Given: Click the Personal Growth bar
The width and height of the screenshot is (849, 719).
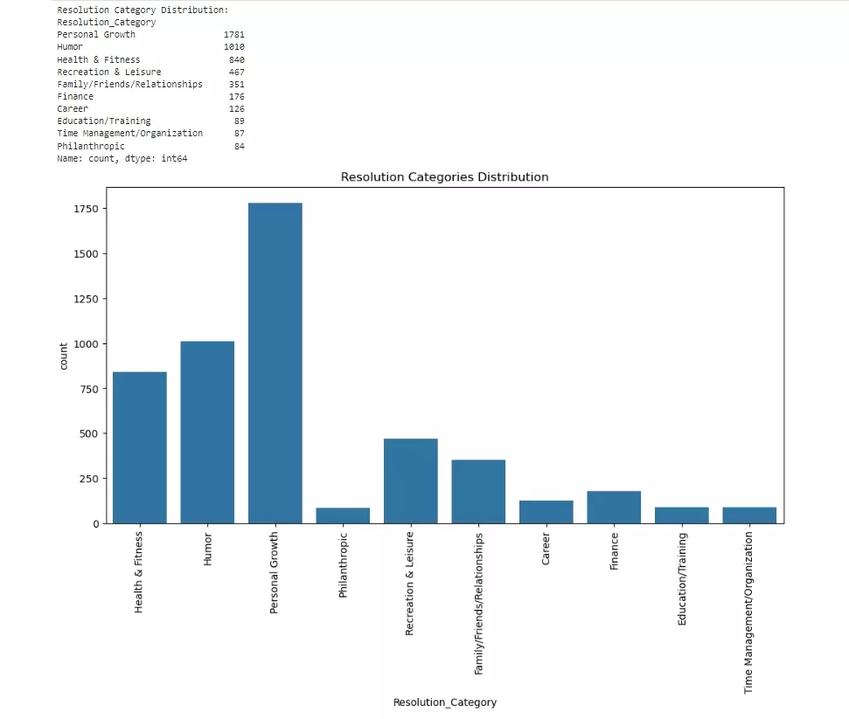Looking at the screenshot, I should [275, 363].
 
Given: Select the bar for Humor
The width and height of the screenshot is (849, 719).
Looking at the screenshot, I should [207, 432].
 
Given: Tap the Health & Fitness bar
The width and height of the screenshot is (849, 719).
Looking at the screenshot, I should [139, 447].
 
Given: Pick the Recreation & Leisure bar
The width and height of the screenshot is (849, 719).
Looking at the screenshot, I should [410, 480].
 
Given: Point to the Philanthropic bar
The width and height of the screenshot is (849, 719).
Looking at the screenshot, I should [343, 515].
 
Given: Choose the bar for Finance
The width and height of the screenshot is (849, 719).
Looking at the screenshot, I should [614, 507].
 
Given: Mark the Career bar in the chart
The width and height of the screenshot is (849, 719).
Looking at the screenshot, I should [546, 512].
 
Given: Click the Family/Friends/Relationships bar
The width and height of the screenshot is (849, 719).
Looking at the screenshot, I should [478, 491].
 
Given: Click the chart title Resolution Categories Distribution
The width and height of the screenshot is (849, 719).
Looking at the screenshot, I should [444, 177].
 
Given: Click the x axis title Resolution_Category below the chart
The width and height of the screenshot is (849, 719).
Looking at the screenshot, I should [444, 702].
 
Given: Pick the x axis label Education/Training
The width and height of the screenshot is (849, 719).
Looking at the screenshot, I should [682, 579].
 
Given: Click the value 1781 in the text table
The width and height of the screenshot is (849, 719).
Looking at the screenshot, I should [233, 35].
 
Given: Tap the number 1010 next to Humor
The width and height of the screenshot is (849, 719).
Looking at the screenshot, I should [233, 47].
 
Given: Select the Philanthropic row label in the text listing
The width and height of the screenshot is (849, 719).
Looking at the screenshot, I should [91, 146].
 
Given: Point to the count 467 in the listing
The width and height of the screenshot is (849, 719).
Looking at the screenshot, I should [236, 72].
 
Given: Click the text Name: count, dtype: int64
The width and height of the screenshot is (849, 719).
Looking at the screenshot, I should [122, 158].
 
